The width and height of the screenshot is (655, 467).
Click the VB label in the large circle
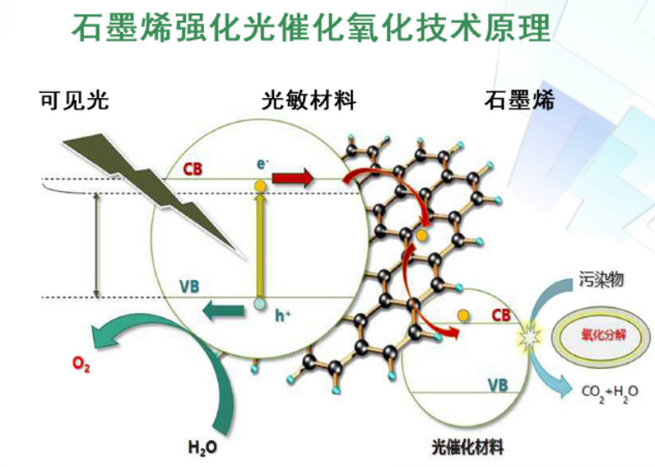coord(190,285)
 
